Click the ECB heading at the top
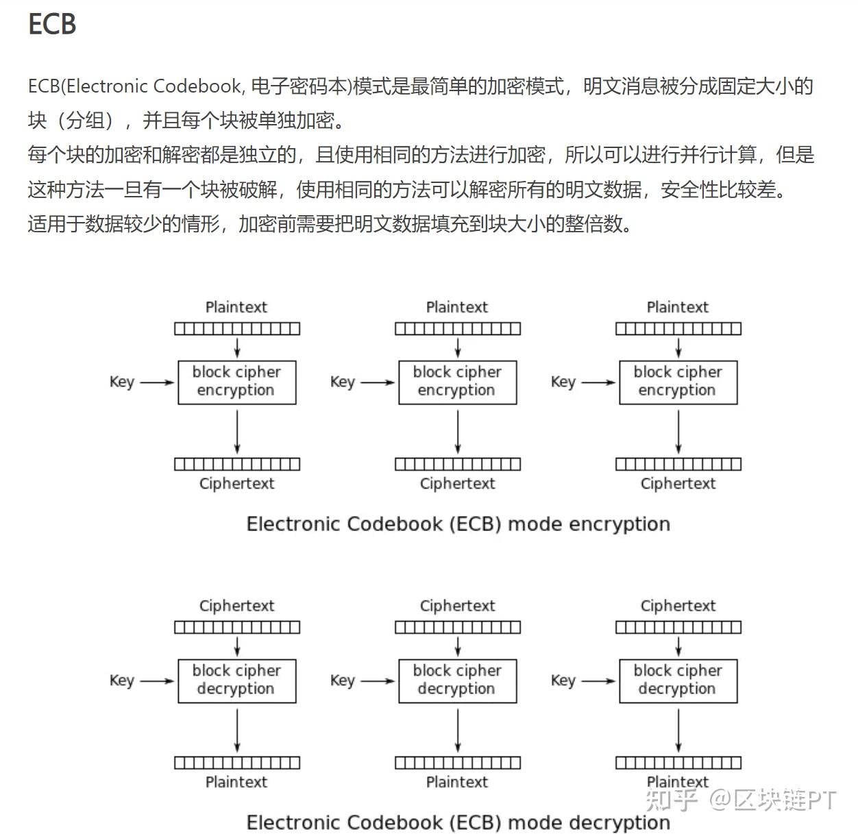pos(51,24)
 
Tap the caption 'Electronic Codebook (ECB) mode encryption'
pos(458,524)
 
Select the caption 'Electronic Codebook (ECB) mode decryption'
pos(458,822)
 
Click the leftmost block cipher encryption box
pos(236,382)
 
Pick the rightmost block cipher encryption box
pos(678,382)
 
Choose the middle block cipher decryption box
pos(457,680)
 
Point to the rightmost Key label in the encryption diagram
pos(563,382)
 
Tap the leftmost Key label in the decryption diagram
pos(121,680)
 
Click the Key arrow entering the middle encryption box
pos(378,382)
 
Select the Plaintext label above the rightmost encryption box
pos(677,307)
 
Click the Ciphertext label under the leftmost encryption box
pos(236,484)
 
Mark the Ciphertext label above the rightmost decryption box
pos(678,606)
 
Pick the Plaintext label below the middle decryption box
pos(457,782)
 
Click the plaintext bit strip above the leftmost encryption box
pos(236,329)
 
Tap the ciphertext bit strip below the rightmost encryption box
pos(678,464)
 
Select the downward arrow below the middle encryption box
pos(458,432)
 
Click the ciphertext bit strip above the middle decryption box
pos(457,627)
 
